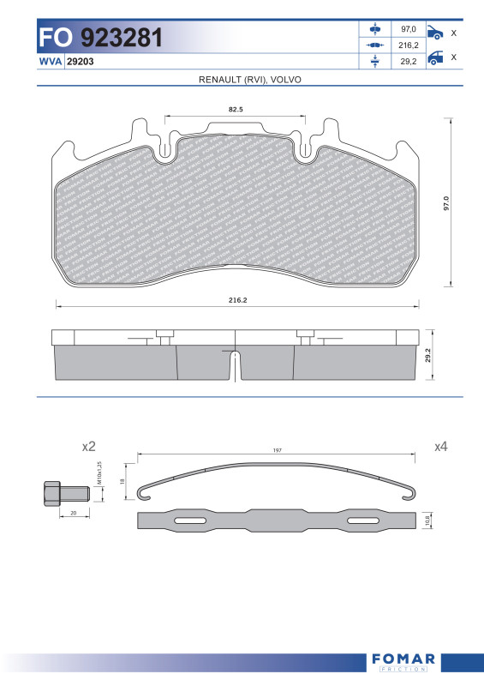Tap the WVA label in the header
(50, 63)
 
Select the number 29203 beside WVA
(81, 63)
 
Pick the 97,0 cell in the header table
(409, 29)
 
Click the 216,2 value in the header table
(409, 45)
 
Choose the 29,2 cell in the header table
(409, 61)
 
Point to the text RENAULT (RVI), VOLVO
(250, 79)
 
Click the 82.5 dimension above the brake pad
(236, 110)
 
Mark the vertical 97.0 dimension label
(445, 204)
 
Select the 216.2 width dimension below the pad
(237, 301)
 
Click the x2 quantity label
(88, 447)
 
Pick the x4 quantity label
(441, 447)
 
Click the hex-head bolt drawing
(63, 494)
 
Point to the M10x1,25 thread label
(99, 473)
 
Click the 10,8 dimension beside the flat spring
(428, 521)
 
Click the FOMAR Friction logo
(405, 661)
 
